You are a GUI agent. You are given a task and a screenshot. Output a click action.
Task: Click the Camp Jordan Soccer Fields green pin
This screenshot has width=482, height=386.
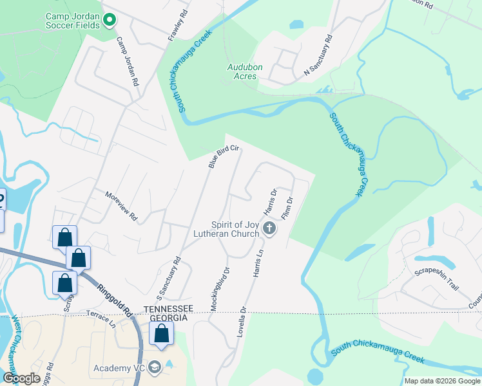pos(110,21)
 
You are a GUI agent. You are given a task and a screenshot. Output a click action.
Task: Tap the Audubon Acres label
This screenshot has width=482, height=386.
pos(242,71)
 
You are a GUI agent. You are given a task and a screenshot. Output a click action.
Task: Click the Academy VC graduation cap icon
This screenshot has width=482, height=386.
pos(155,367)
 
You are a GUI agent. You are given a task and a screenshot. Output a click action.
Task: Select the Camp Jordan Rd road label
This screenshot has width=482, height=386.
pos(128,62)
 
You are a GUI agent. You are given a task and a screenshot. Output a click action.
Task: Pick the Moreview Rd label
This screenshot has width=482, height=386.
pos(122,206)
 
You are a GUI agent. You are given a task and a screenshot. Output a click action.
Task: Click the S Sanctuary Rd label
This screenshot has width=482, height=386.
pos(169,273)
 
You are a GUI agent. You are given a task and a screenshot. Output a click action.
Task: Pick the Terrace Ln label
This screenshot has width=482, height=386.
pos(101,319)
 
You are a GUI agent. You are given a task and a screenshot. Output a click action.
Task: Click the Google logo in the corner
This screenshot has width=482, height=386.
pos(21,378)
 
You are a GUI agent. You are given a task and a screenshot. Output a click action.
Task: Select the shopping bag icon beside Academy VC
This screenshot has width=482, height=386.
pos(161,334)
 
